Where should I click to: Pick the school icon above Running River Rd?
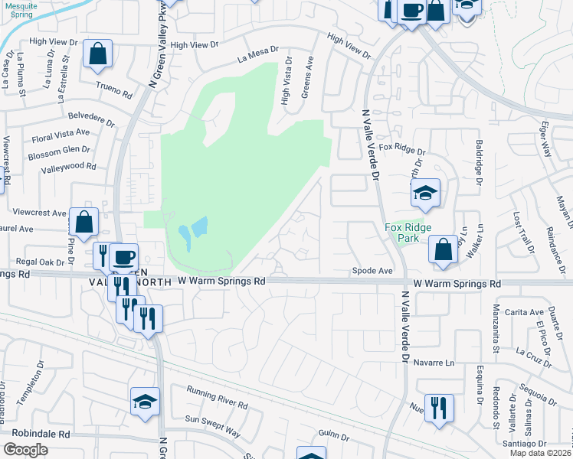point(145,401)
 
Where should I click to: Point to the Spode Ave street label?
point(372,271)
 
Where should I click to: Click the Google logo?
point(25,450)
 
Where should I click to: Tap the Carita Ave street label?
point(525,312)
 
